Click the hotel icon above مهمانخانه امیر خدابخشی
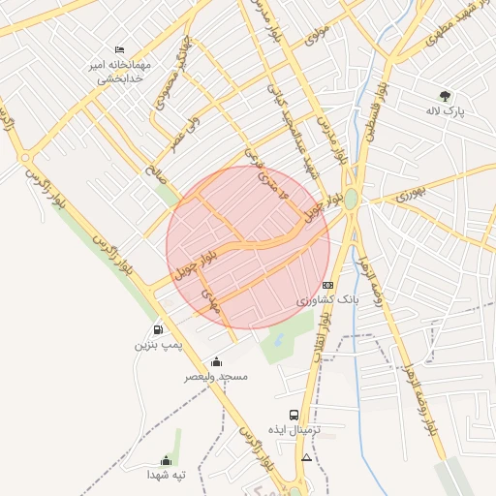119,49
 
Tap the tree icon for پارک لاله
446,96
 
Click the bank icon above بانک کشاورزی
327,285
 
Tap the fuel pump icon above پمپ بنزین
158,329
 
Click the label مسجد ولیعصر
216,376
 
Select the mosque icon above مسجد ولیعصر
215,361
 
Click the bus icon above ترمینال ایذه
294,415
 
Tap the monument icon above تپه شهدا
164,460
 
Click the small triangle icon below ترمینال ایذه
307,456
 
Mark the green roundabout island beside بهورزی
350,200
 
